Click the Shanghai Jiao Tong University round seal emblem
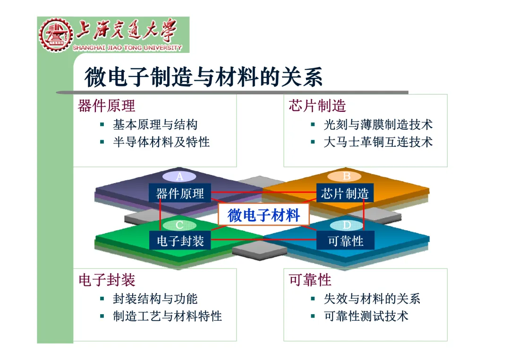(x=55, y=35)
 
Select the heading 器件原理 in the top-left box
(x=106, y=105)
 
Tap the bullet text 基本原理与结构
(x=155, y=125)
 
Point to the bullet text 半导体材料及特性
(x=161, y=142)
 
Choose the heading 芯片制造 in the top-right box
(x=317, y=105)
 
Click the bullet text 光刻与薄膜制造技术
(x=378, y=125)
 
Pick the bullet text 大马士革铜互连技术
(x=378, y=142)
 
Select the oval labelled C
(x=179, y=226)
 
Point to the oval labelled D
(x=347, y=226)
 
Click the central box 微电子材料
(x=263, y=216)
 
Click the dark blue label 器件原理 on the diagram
(x=180, y=193)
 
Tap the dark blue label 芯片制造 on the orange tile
(x=345, y=193)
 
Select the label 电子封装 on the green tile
(x=180, y=241)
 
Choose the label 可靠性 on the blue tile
(x=346, y=241)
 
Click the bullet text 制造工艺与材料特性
(x=167, y=316)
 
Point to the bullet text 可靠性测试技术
(x=366, y=316)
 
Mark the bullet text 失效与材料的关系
(x=372, y=299)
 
